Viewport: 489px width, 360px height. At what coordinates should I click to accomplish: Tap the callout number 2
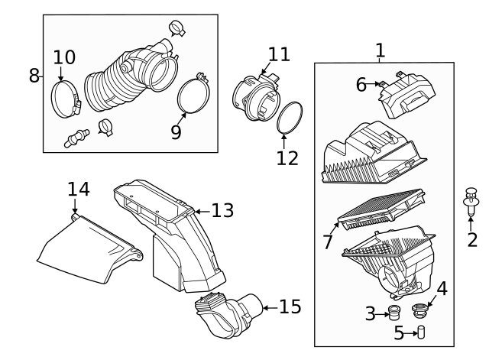(x=472, y=240)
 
